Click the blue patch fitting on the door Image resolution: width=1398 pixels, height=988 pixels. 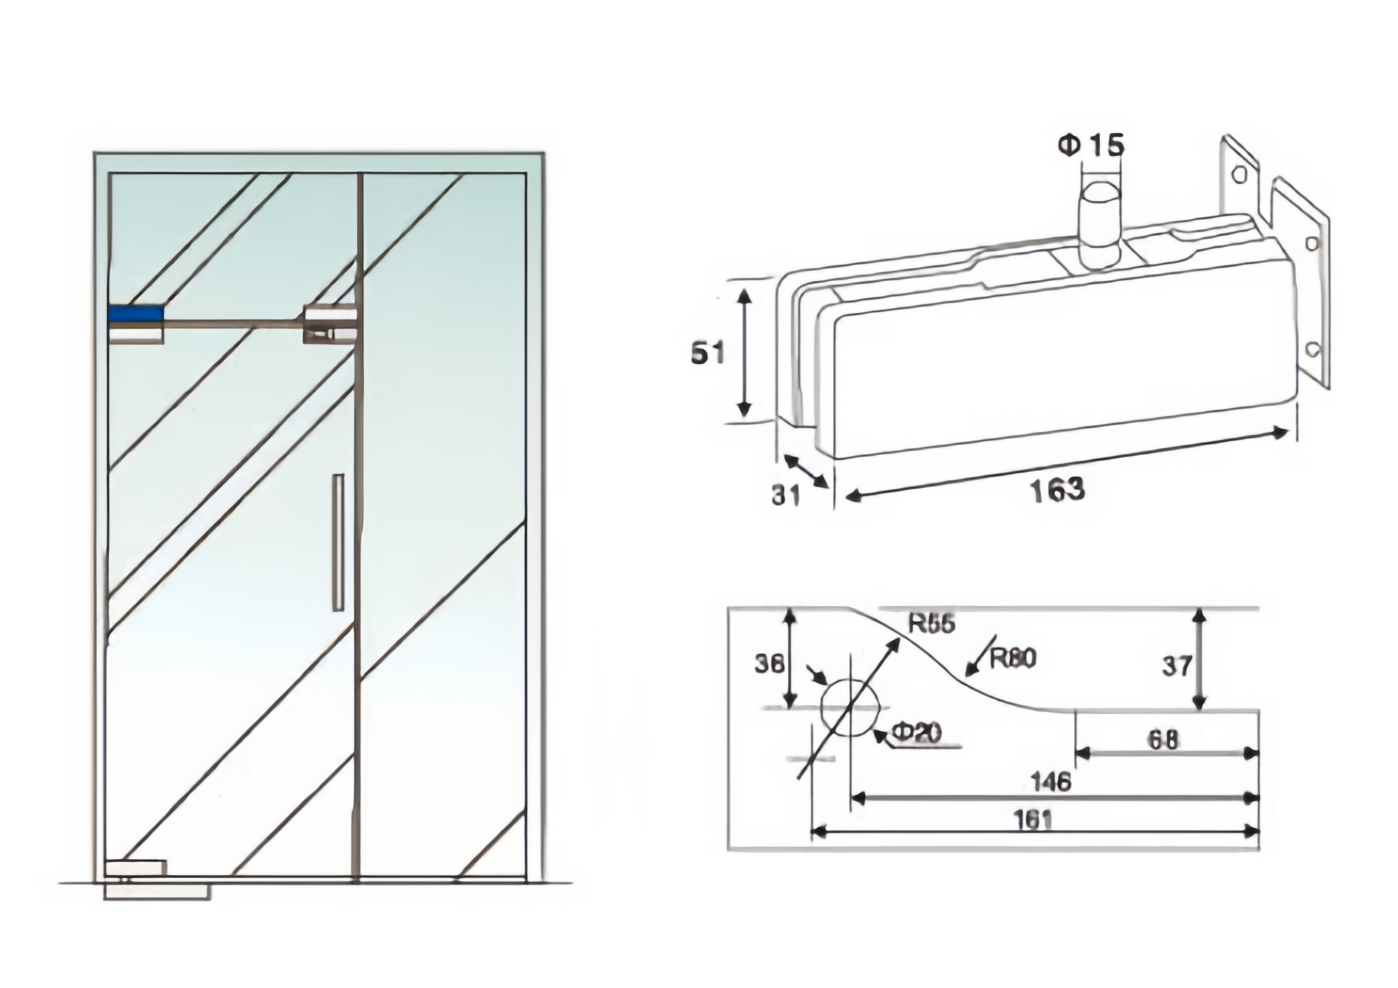136,314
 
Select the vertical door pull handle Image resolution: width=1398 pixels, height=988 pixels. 338,542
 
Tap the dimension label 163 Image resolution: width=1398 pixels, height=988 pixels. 1057,489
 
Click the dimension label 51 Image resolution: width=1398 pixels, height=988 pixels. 708,353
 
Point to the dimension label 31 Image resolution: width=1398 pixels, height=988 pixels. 785,495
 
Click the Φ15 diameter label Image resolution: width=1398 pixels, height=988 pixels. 1091,146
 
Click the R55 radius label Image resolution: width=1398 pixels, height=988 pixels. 931,624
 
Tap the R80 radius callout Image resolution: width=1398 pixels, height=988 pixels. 1012,659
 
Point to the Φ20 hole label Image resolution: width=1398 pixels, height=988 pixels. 917,734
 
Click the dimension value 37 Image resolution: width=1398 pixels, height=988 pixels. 1176,666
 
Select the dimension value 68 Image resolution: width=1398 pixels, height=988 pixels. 1163,740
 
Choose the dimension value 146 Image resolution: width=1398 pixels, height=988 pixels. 1051,781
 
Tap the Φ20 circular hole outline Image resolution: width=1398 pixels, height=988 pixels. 849,708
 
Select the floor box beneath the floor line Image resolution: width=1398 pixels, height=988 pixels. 157,892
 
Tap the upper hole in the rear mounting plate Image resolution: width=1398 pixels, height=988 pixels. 1239,175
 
